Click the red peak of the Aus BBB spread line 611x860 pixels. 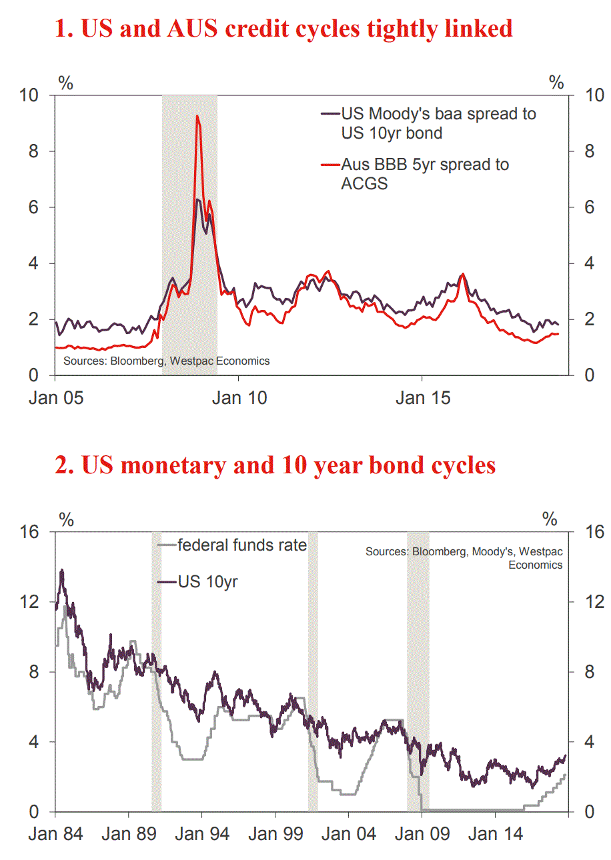[x=197, y=117]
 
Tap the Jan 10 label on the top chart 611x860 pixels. [x=239, y=398]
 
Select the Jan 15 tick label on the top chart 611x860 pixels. [x=423, y=398]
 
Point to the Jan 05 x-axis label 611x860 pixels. [x=56, y=398]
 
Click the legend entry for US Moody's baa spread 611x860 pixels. [x=438, y=123]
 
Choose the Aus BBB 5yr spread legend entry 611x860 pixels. [x=424, y=173]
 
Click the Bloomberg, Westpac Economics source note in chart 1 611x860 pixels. [x=166, y=361]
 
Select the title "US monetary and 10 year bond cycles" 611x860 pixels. [x=275, y=465]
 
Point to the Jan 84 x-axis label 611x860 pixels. [x=55, y=835]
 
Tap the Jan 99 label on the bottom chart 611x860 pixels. [x=275, y=835]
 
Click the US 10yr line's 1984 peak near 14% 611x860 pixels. [x=62, y=571]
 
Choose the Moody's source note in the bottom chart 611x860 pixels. [x=464, y=559]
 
